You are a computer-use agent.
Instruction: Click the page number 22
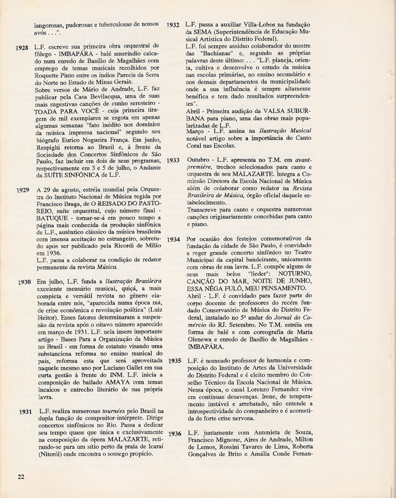click(x=20, y=476)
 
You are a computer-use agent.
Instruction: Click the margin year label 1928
click(x=22, y=48)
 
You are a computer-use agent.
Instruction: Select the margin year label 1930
click(x=23, y=282)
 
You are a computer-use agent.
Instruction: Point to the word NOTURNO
click(x=287, y=274)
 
